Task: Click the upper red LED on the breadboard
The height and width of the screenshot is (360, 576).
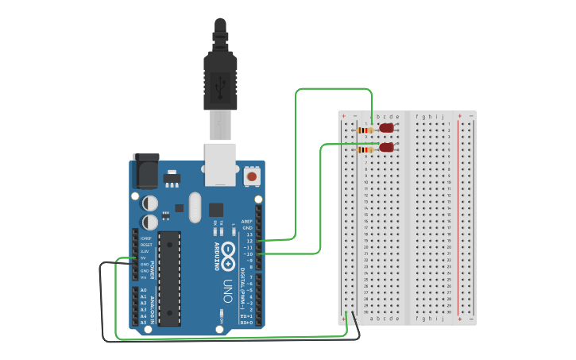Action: [387, 128]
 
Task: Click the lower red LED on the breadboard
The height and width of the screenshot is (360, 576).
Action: [387, 147]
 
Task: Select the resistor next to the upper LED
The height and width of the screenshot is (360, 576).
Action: [366, 130]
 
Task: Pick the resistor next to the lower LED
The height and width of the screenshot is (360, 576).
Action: [366, 149]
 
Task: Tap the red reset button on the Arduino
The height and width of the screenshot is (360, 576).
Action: [252, 176]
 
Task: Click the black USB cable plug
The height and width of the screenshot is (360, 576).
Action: [220, 75]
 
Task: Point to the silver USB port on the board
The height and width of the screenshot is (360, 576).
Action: [221, 164]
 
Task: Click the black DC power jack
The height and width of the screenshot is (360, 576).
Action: [146, 171]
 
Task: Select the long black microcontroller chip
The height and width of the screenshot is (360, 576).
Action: [169, 278]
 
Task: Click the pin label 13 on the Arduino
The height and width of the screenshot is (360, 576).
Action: [249, 234]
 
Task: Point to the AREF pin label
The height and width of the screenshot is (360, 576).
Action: [246, 222]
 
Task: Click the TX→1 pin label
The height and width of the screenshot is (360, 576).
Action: [246, 316]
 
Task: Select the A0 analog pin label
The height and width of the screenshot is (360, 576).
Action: [143, 291]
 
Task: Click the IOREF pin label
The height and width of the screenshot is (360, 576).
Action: [146, 238]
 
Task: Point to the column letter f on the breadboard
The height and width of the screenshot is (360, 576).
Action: [417, 116]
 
